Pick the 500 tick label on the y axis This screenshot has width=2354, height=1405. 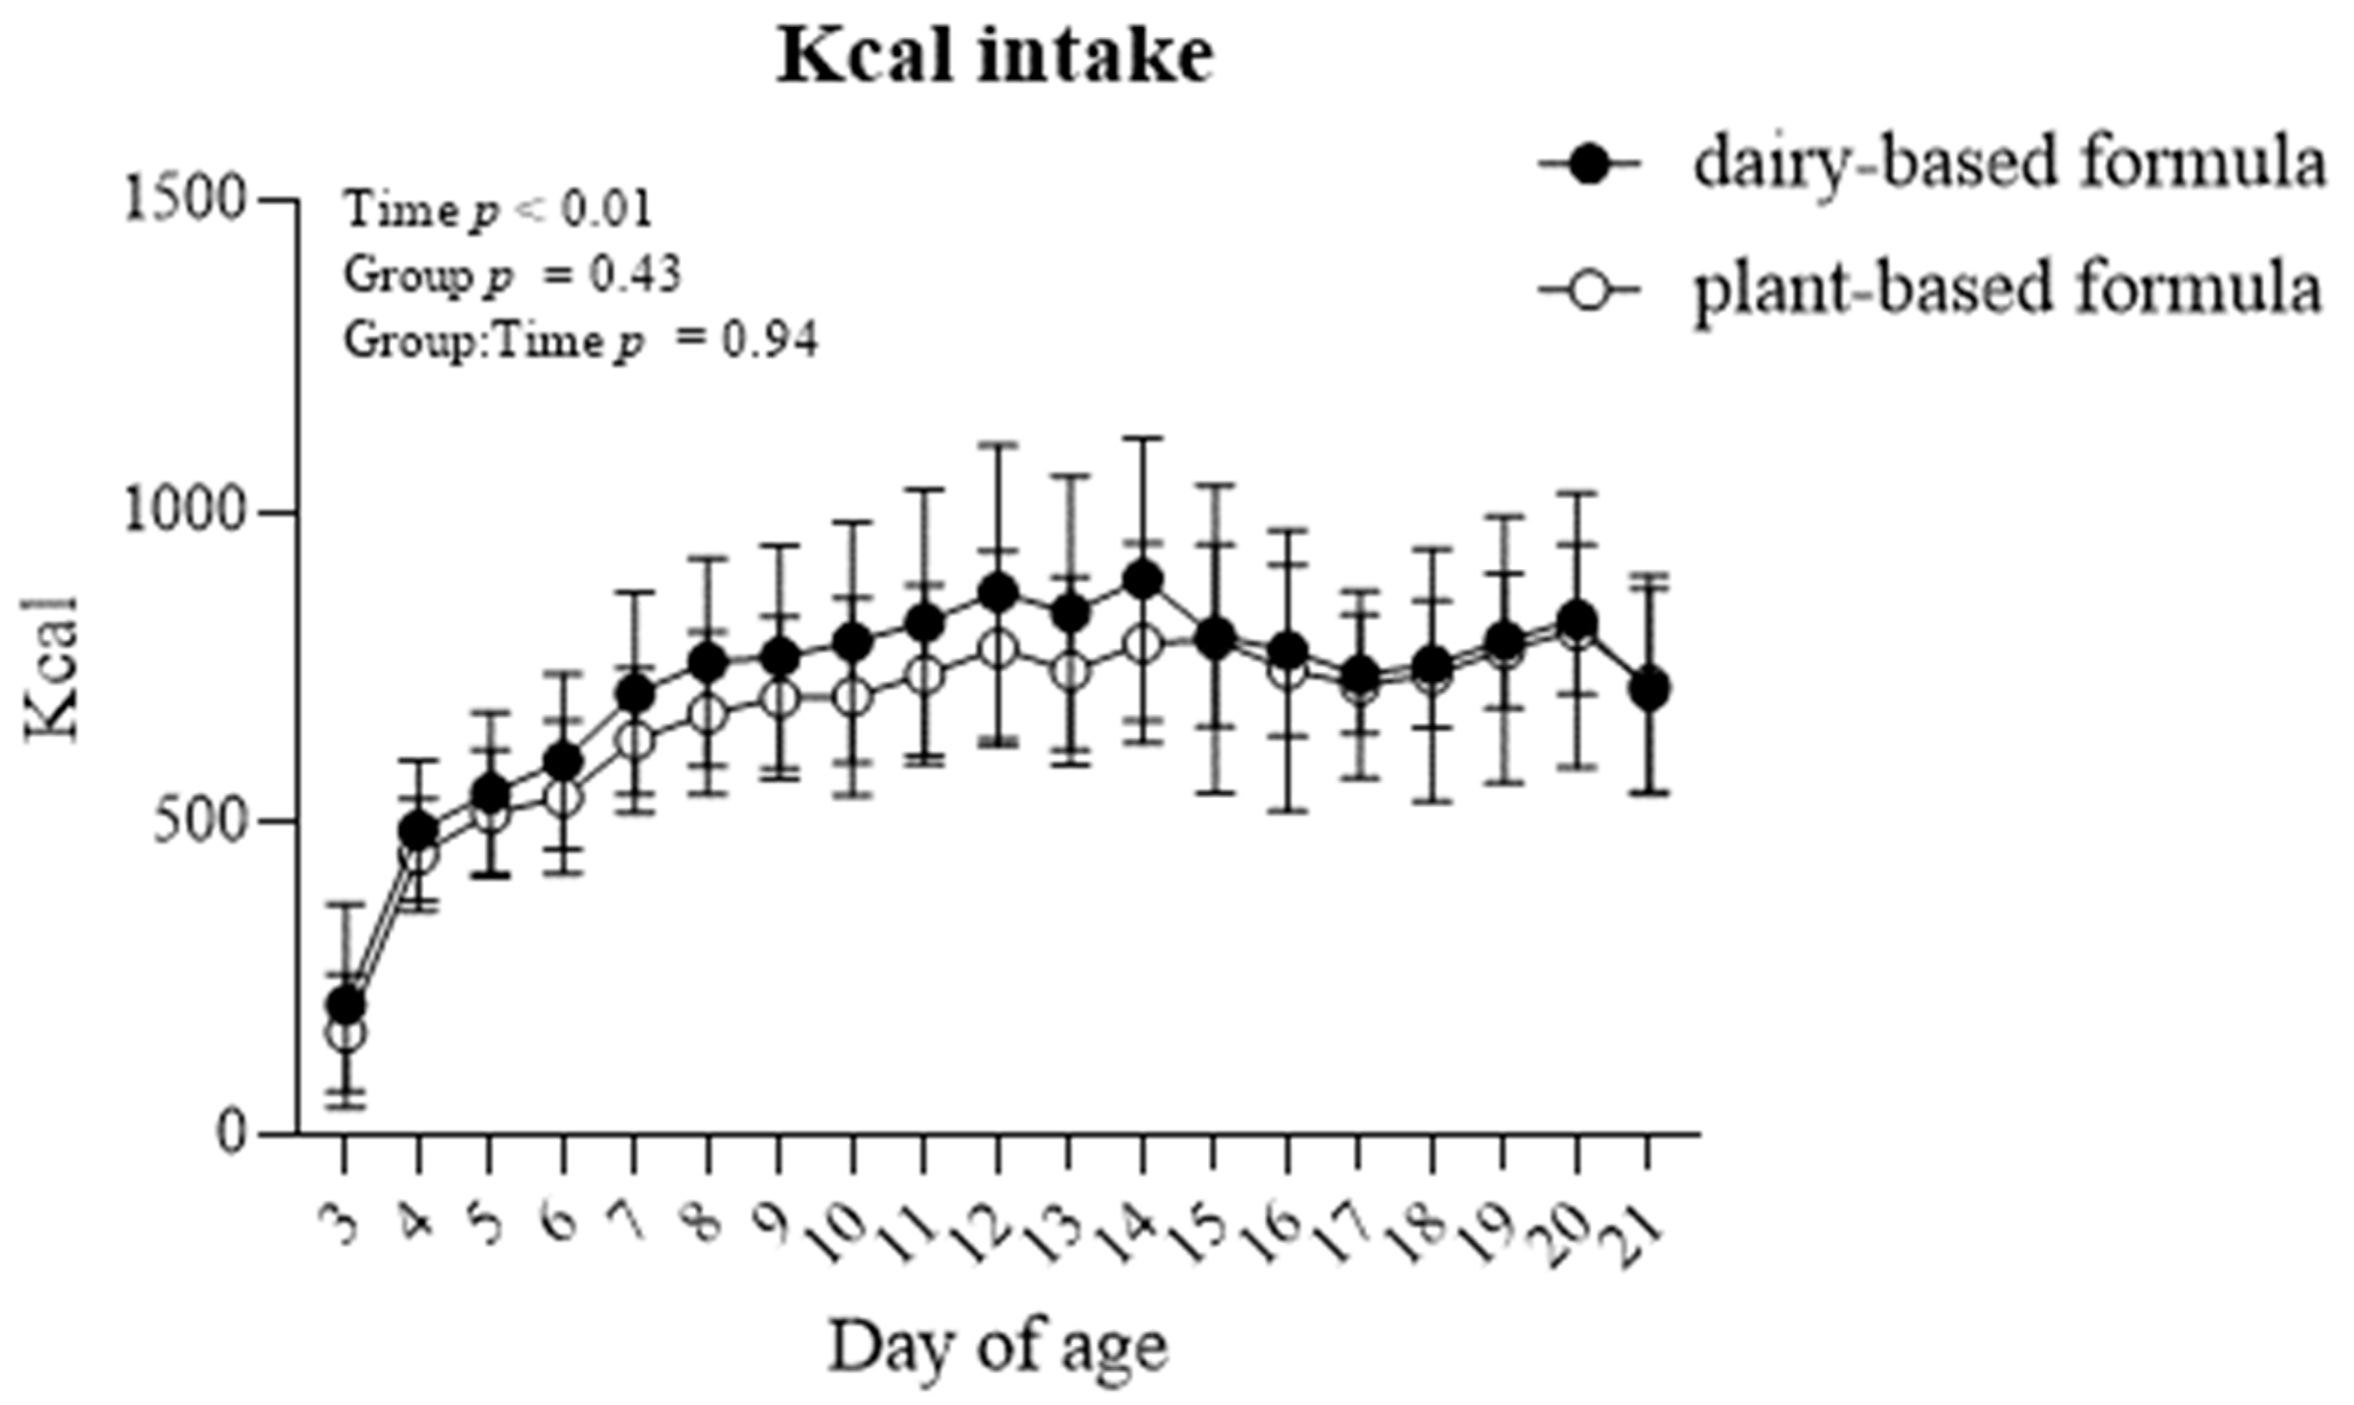[x=200, y=822]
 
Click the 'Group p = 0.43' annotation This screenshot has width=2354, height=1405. [x=512, y=275]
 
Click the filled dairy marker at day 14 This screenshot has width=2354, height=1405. [x=1142, y=579]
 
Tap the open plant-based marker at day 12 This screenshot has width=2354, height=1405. [x=998, y=650]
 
